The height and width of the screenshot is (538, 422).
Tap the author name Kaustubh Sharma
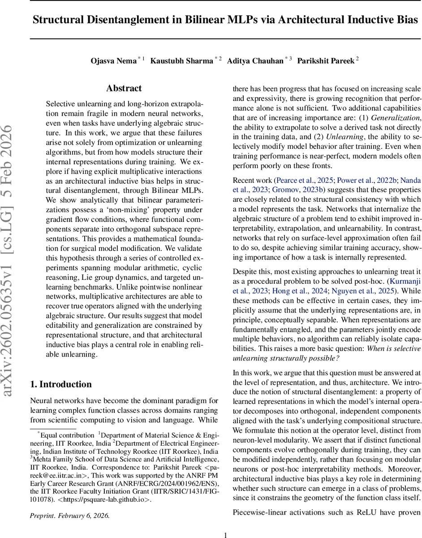pyautogui.click(x=181, y=61)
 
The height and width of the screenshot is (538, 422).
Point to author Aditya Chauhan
pyautogui.click(x=255, y=61)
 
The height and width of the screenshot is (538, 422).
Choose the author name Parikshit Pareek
pyautogui.click(x=326, y=61)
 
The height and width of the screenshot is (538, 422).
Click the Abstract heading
pyautogui.click(x=124, y=88)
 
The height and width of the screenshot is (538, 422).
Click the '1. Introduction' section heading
pyautogui.click(x=60, y=384)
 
